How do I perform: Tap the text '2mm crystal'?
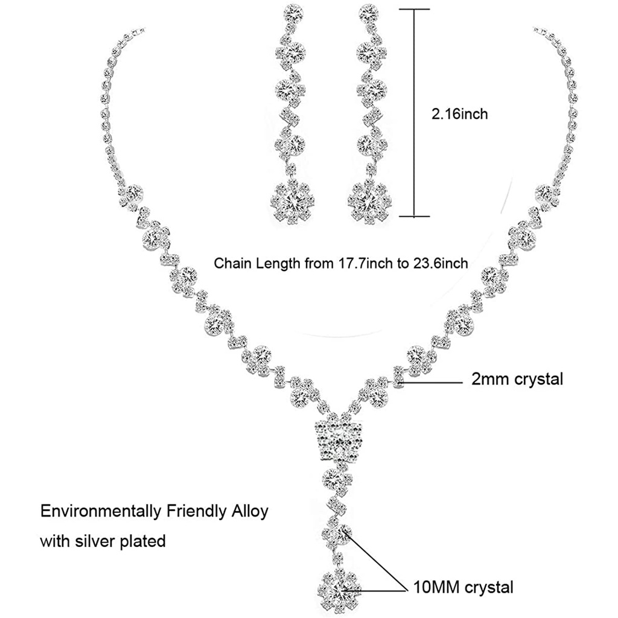(517, 380)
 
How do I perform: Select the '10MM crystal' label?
(463, 587)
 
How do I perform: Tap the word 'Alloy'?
(248, 512)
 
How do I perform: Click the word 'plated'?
(144, 541)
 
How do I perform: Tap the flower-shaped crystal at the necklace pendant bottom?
(339, 587)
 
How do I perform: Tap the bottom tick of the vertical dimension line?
(414, 215)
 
